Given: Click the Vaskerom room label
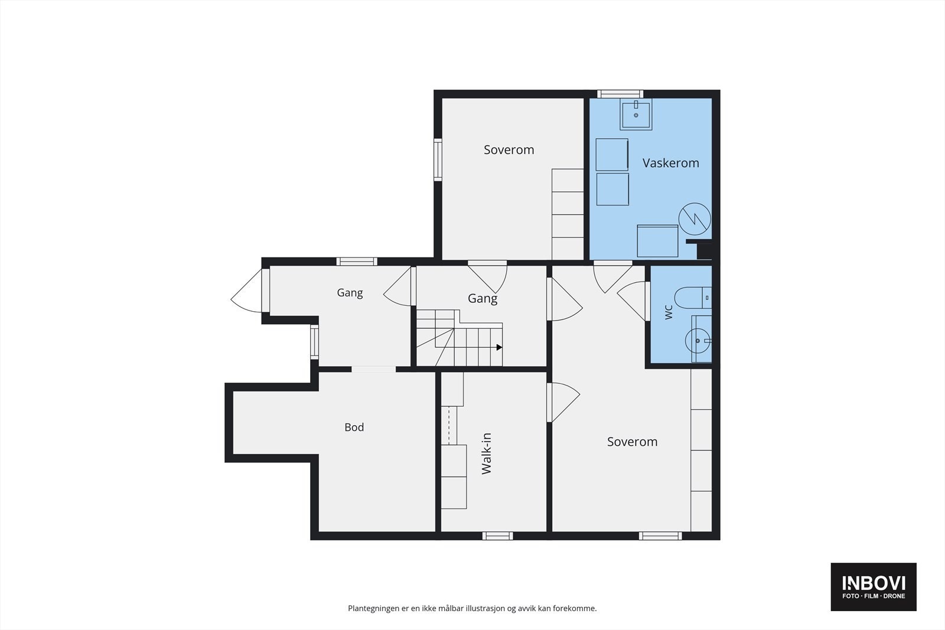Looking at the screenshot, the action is click(670, 163).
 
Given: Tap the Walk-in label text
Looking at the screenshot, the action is click(487, 453).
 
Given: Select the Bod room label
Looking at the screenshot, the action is click(354, 427).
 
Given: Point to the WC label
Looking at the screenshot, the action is click(669, 312).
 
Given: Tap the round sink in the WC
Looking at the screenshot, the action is click(698, 340).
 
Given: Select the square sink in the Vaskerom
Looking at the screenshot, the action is click(636, 114).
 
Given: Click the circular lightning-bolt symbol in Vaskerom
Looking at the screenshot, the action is click(695, 219).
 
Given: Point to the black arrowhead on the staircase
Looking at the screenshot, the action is click(499, 347).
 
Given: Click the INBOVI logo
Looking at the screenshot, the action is click(874, 586).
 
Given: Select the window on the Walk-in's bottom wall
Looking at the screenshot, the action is click(498, 536).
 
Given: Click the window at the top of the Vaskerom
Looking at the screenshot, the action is click(620, 94).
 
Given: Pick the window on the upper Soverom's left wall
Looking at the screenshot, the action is click(438, 160).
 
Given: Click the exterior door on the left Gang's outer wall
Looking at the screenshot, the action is click(248, 291).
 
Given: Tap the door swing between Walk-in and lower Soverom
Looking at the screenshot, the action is click(563, 402).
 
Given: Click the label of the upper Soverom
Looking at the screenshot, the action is click(509, 150).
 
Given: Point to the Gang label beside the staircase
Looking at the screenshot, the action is click(483, 299).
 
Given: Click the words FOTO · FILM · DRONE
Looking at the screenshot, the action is click(874, 596).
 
